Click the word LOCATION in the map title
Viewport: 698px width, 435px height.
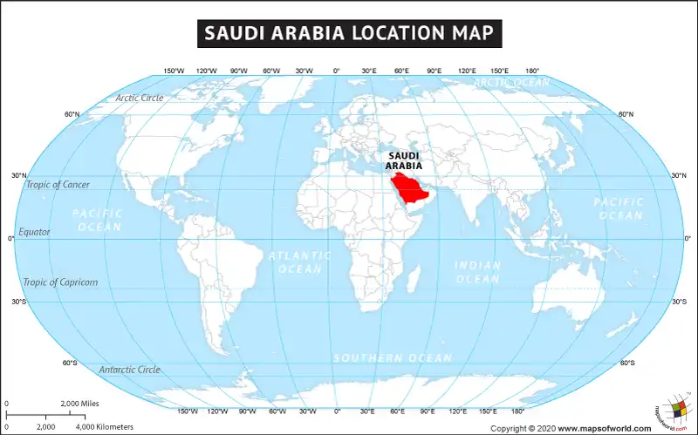point(393,34)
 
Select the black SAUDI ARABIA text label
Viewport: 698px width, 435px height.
point(405,160)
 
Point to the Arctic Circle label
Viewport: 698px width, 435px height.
point(139,98)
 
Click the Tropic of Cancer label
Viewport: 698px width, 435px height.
point(56,184)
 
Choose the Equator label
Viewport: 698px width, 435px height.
point(34,232)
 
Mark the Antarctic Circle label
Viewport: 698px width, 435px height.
point(129,370)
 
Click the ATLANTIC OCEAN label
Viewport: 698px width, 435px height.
point(299,262)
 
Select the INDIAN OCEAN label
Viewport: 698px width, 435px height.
point(477,272)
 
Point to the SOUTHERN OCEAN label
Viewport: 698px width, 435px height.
point(392,358)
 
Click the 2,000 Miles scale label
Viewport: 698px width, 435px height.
point(80,404)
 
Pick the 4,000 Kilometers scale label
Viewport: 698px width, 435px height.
point(104,427)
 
